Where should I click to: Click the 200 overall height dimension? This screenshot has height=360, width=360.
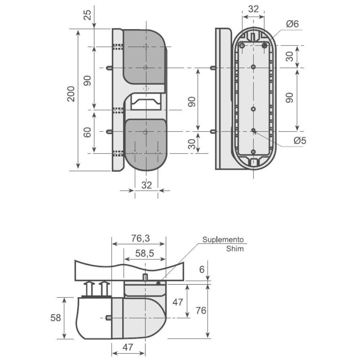pos(71,94)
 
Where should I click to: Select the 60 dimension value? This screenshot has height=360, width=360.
pos(87,132)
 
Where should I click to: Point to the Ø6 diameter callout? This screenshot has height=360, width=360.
pos(292,24)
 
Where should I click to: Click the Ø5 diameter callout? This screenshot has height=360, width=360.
pos(300,141)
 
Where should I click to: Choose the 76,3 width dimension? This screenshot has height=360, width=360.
pos(140,238)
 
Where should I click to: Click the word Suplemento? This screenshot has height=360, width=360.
pos(223,239)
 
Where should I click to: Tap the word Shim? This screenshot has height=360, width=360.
pos(235,249)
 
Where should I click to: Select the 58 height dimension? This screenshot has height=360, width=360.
pos(56,318)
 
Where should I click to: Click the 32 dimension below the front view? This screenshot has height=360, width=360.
pos(146,185)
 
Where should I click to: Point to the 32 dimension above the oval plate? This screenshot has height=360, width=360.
pos(253,9)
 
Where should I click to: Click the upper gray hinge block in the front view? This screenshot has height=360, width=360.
pos(144,56)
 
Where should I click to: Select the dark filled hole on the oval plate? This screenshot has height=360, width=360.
pos(264,46)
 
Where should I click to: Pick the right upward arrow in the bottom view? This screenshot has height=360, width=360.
pos(104,288)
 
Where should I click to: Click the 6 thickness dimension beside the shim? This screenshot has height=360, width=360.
pos(202,269)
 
